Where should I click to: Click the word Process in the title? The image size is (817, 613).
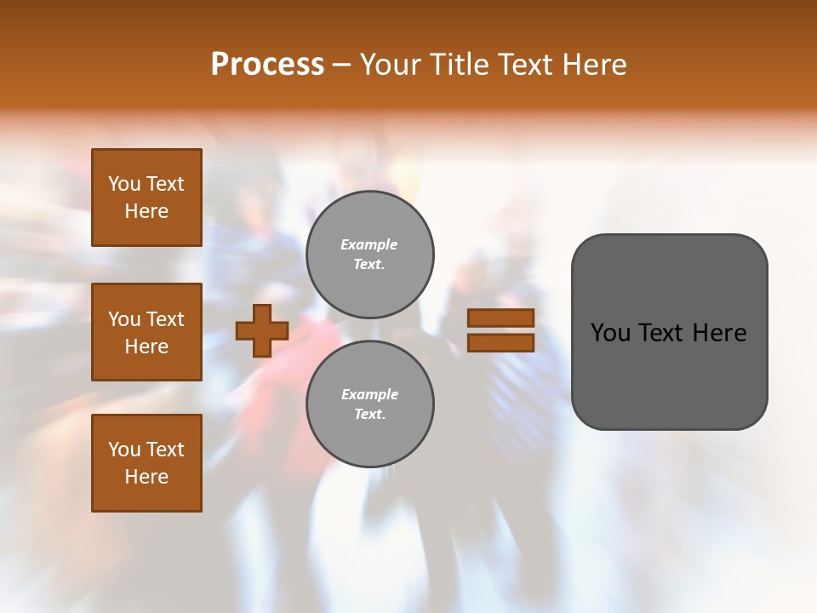point(267,65)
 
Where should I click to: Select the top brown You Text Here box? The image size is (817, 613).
point(146,198)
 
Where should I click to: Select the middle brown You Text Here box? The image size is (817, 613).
point(146,332)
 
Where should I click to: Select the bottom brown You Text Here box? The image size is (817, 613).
point(146,463)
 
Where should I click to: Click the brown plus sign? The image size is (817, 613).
point(262,330)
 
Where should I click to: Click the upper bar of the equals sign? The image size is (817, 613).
point(500,318)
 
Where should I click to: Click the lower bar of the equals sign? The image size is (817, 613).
point(500,342)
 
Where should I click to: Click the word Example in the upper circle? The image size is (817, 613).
point(369,244)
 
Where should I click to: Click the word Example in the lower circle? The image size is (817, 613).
point(369,394)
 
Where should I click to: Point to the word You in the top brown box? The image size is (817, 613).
point(124,184)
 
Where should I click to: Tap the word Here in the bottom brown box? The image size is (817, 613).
point(146,477)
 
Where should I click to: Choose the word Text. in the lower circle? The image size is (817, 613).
point(369,415)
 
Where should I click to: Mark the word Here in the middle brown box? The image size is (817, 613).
point(146,347)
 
